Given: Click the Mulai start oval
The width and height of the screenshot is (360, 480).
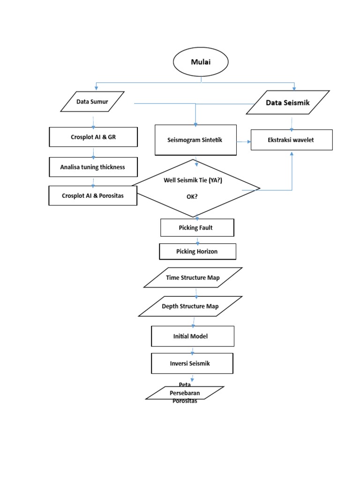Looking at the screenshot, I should [x=201, y=62].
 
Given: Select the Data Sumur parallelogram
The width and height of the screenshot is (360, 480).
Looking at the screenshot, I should [x=92, y=102].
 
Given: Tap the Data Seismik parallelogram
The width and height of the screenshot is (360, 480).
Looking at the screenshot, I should [x=288, y=103].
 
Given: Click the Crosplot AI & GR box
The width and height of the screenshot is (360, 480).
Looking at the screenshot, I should [x=93, y=137].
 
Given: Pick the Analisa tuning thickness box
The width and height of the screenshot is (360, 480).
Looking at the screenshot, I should [x=93, y=167].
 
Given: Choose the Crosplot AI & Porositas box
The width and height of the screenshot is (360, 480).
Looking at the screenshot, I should [x=93, y=195].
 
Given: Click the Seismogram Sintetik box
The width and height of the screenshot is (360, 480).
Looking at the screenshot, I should [x=195, y=140].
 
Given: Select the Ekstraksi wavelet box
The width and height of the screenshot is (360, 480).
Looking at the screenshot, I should [x=292, y=140].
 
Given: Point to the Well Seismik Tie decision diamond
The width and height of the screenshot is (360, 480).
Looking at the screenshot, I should [x=196, y=188].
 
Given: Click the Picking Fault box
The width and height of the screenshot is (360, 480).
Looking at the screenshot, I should [x=196, y=228].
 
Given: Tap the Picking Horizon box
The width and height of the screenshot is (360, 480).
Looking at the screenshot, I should [x=197, y=251].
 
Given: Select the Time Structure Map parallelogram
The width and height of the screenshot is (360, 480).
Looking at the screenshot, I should [x=193, y=277].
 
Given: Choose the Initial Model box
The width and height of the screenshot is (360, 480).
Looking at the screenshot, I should [x=192, y=336].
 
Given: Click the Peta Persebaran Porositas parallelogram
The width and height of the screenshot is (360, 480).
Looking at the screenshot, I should [x=185, y=393].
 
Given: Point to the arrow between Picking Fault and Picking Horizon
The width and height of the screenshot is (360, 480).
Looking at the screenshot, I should [x=197, y=240].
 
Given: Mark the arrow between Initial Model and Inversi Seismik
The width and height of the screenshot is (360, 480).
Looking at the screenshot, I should [x=192, y=350].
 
